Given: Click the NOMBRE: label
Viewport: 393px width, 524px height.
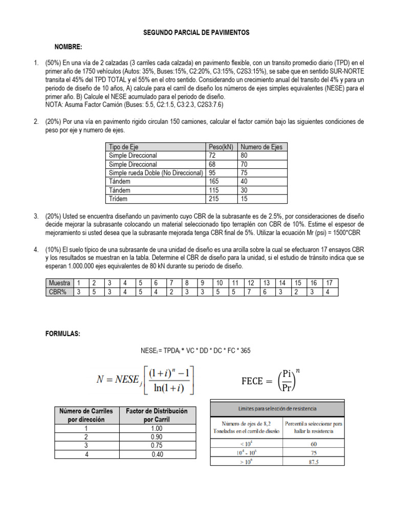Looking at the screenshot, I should tap(68, 47).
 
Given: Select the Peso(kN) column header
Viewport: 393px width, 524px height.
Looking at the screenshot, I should tap(221, 147).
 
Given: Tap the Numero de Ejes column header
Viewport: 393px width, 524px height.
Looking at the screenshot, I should tap(261, 147).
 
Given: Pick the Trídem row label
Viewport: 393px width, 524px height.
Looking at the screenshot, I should tap(118, 199).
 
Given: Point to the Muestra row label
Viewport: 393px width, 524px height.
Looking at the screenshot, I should tap(59, 283).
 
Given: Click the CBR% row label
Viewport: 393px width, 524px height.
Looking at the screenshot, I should tap(59, 292).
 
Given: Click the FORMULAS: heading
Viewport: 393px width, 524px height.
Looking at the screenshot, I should tap(63, 334).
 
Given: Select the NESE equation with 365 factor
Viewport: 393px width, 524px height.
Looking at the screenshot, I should tap(196, 351).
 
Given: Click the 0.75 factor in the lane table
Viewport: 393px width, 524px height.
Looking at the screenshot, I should tap(157, 445).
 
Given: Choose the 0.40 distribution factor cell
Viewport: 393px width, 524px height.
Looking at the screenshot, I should tap(157, 453).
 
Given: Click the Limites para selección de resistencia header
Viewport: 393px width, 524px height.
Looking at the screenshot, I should tap(278, 408).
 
